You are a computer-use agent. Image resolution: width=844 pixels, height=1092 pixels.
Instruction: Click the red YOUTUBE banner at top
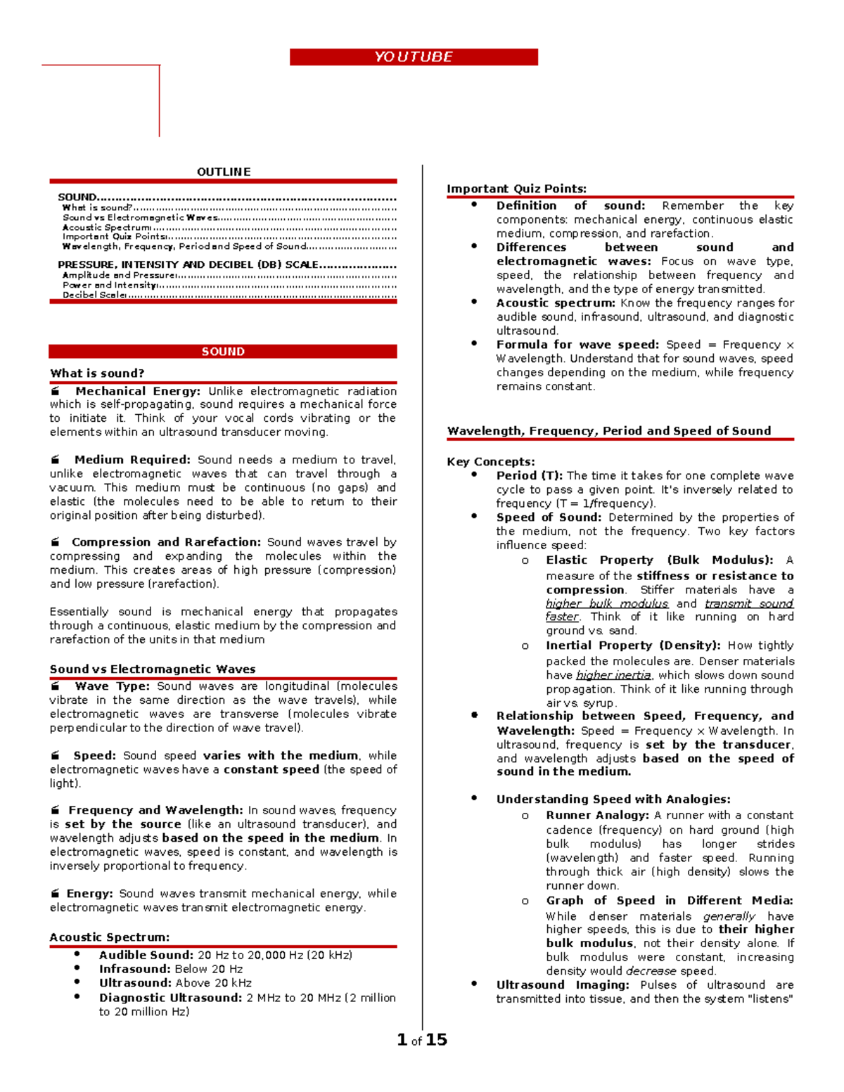(x=414, y=57)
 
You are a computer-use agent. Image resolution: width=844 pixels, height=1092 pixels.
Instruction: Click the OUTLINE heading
(x=224, y=172)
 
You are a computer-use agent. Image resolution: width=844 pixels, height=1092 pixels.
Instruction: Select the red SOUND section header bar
(x=223, y=352)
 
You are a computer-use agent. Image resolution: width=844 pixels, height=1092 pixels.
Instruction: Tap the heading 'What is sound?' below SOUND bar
(x=97, y=373)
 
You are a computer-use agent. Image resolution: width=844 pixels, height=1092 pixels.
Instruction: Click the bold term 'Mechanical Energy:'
(x=138, y=391)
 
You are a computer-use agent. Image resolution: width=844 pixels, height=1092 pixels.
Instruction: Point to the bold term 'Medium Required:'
(x=132, y=460)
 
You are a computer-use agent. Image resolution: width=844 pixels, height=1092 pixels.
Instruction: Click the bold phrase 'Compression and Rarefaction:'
(x=166, y=542)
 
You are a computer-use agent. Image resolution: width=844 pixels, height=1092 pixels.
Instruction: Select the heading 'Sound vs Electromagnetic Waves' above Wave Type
(x=153, y=669)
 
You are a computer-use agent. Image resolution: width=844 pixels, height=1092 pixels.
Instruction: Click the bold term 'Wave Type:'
(x=113, y=686)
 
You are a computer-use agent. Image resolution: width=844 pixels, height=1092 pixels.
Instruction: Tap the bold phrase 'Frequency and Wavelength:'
(x=155, y=811)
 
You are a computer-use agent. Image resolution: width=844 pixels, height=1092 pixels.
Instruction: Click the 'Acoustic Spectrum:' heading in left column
(x=110, y=937)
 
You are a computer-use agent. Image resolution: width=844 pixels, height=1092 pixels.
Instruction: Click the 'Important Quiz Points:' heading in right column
(x=516, y=188)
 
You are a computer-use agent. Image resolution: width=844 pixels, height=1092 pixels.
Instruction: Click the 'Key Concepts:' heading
(x=491, y=462)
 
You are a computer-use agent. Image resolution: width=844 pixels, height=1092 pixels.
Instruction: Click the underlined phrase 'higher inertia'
(x=613, y=675)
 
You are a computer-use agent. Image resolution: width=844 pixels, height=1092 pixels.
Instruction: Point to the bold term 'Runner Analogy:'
(x=597, y=816)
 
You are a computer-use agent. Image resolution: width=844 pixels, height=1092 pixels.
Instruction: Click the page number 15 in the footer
(x=436, y=1039)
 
